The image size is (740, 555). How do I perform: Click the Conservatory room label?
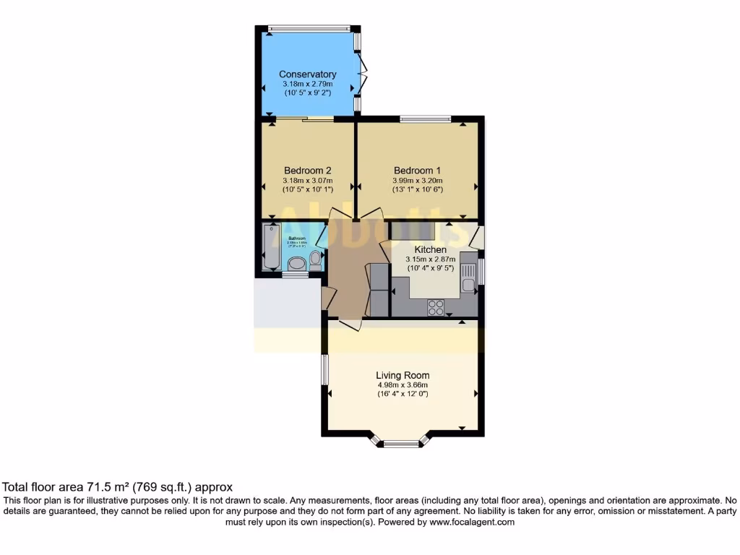[x=308, y=74]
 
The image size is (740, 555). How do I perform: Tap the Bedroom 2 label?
[x=308, y=171]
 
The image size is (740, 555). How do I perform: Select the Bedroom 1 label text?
[x=417, y=171]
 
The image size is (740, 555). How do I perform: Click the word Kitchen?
[x=430, y=249]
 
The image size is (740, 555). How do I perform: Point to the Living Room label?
[x=403, y=375]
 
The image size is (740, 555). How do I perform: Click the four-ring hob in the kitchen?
[x=436, y=307]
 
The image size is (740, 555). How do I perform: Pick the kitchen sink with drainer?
[x=468, y=275]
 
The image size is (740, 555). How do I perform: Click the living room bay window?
[x=401, y=442]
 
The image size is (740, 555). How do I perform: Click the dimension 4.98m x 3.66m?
[x=403, y=385]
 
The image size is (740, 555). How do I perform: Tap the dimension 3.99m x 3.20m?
[x=417, y=181]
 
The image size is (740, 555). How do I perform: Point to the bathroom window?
[x=294, y=274]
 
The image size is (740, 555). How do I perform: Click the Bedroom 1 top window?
[x=426, y=118]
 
